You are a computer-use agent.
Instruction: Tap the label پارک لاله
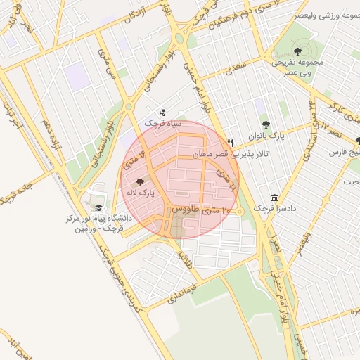point(141,191)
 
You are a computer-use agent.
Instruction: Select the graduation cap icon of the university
point(98,208)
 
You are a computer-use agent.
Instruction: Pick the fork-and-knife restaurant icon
point(229,142)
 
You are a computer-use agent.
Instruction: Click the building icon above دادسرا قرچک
point(274,198)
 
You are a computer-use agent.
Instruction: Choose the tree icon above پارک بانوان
point(266,124)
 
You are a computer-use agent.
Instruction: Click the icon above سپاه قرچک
point(163,112)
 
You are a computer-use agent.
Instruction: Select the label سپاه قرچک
point(163,123)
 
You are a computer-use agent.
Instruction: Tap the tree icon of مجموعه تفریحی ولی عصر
point(297,51)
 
